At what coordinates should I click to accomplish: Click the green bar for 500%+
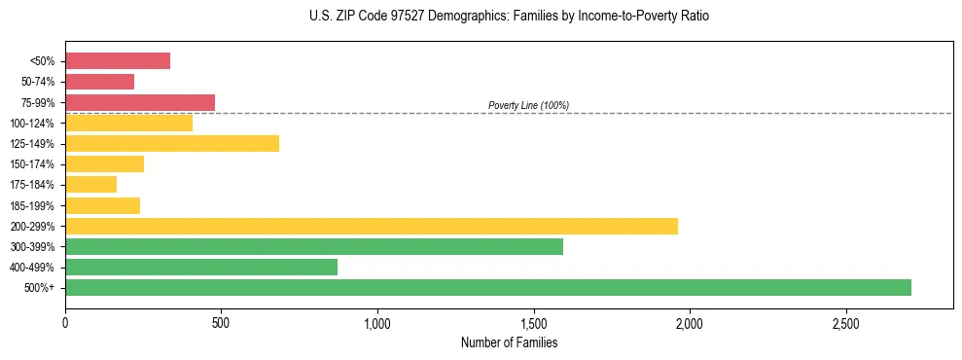488,287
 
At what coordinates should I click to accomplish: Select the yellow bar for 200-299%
372,226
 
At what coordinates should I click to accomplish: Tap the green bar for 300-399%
314,246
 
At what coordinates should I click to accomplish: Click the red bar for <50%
118,61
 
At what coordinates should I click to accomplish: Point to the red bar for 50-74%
100,82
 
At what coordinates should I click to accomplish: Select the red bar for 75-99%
140,102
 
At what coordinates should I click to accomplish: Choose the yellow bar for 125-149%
172,143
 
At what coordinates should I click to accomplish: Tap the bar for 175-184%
91,185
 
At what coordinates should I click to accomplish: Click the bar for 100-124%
129,123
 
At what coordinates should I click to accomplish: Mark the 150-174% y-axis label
33,164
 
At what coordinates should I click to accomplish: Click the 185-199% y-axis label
33,206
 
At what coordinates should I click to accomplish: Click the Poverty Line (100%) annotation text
528,105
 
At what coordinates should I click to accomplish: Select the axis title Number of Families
509,342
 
